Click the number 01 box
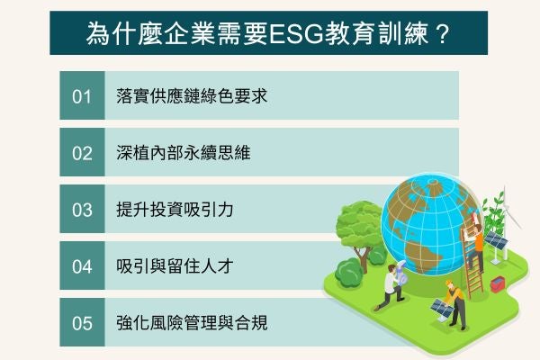click(83, 95)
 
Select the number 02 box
click(83, 152)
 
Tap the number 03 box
click(83, 209)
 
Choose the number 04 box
click(83, 265)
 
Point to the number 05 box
click(83, 322)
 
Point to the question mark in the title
click(442, 35)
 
